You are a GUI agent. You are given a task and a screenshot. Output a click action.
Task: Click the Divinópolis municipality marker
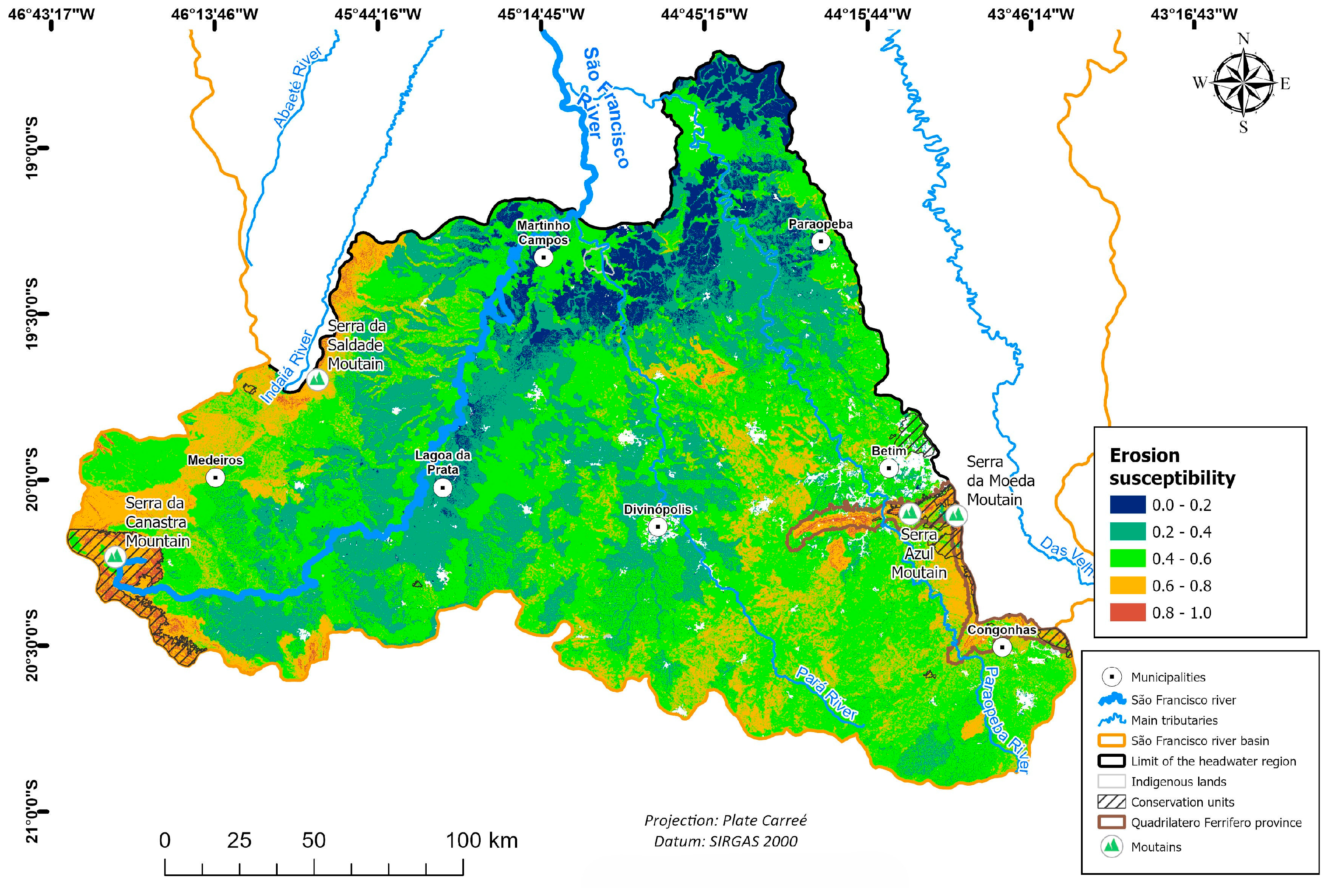tap(657, 527)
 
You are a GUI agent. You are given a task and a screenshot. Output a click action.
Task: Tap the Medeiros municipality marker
tap(215, 477)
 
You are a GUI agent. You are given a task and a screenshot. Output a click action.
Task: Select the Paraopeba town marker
tap(820, 241)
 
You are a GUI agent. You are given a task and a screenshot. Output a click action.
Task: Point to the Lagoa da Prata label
tap(443, 462)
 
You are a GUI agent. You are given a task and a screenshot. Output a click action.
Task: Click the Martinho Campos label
tap(543, 232)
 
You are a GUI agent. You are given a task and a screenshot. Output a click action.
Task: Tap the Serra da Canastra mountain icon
tap(115, 556)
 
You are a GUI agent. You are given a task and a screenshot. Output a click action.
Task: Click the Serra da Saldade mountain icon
tap(318, 379)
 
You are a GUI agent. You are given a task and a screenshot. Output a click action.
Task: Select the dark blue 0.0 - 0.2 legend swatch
tap(1127, 505)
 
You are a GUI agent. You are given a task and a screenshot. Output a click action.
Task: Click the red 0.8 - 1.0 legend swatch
tap(1127, 612)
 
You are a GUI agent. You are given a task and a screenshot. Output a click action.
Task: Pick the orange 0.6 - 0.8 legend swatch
tap(1127, 586)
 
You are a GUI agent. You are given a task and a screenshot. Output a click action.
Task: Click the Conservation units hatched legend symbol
tap(1112, 802)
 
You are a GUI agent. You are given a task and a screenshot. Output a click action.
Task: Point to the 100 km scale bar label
tap(481, 840)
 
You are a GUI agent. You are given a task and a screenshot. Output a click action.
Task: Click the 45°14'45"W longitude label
tap(541, 14)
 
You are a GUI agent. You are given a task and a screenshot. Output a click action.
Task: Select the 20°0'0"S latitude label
tap(33, 480)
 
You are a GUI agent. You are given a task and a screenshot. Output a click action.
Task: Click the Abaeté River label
tap(297, 87)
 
